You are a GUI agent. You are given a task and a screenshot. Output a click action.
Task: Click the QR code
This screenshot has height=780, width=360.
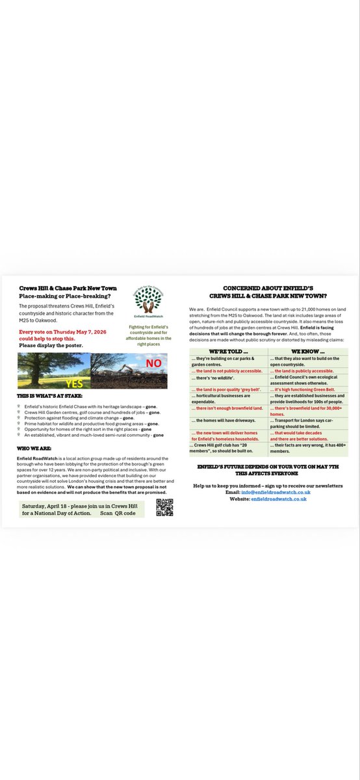click(x=164, y=507)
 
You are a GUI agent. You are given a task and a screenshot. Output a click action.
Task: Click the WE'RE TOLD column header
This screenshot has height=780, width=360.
click(x=228, y=352)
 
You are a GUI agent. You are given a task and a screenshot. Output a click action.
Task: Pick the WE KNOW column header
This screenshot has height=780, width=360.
click(x=306, y=352)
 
